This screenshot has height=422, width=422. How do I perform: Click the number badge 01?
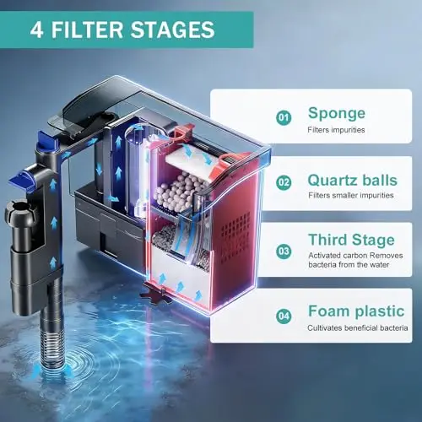click(x=284, y=117)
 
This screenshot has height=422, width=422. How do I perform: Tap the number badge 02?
click(x=284, y=182)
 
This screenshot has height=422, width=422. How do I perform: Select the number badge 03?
click(x=284, y=251)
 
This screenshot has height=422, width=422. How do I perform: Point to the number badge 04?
click(x=284, y=316)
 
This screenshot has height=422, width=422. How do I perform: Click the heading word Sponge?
click(x=337, y=114)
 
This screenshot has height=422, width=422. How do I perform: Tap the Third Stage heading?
click(x=351, y=240)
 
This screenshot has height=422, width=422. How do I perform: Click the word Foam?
click(x=329, y=311)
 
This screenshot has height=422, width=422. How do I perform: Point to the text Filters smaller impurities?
click(x=351, y=195)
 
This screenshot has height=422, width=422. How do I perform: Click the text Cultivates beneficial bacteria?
click(x=358, y=327)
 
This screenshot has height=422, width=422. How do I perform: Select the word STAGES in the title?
click(x=173, y=30)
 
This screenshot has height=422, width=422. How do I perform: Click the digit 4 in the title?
click(x=37, y=30)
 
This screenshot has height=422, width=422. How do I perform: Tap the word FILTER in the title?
click(x=87, y=30)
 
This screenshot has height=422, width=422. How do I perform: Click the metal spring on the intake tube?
click(x=53, y=349)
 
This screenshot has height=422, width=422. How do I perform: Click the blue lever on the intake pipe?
click(x=20, y=181)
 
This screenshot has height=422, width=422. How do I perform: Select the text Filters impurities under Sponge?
click(x=336, y=130)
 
